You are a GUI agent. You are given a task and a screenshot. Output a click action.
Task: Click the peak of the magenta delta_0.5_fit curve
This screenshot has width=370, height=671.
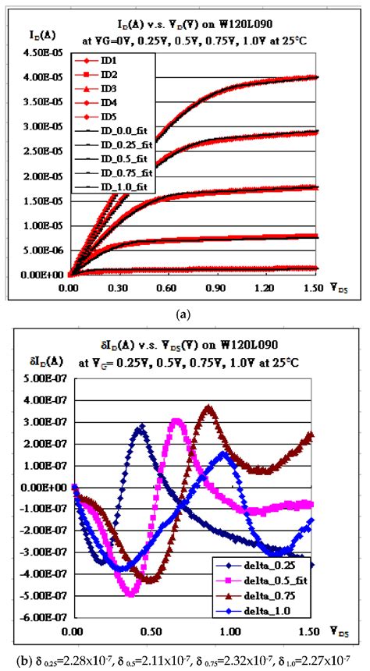(x=178, y=421)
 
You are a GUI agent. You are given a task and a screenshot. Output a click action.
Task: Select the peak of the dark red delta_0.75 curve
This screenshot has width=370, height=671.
(x=208, y=407)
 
